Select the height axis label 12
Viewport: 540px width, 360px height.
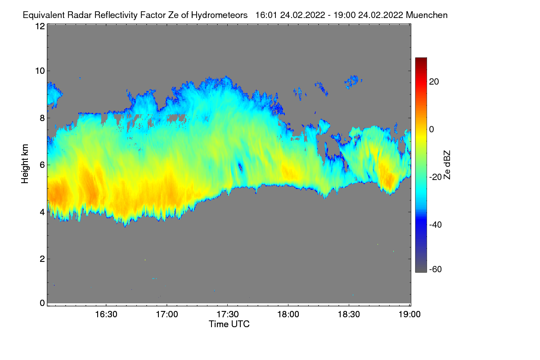pyautogui.click(x=40, y=26)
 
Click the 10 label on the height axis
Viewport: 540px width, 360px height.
pyautogui.click(x=40, y=71)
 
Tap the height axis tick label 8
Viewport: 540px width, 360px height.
pyautogui.click(x=42, y=118)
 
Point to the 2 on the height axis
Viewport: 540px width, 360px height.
pyautogui.click(x=42, y=259)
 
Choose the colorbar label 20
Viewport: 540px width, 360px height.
pyautogui.click(x=434, y=82)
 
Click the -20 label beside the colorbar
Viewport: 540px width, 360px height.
pyautogui.click(x=436, y=177)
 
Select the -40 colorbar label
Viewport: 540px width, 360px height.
pyautogui.click(x=436, y=225)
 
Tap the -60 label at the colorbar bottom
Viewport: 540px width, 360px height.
pyautogui.click(x=436, y=270)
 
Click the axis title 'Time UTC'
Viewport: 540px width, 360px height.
pyautogui.click(x=229, y=324)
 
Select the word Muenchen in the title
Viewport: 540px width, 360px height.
pyautogui.click(x=427, y=15)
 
